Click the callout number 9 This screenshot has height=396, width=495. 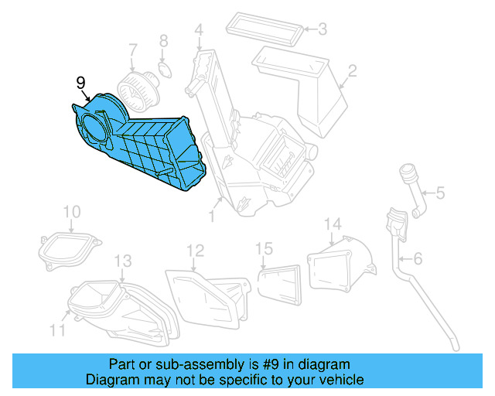pos(80,82)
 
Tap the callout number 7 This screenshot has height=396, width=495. pos(133,49)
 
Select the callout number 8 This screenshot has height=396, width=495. pos(163,40)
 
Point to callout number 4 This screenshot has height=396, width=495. pos(199,31)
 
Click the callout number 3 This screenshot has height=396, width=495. pos(323,30)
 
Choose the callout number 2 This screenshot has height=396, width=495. pos(351,72)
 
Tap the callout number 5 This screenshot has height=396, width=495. pos(439,193)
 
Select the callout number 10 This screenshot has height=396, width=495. pos(71,211)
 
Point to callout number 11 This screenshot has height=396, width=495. pos(58,330)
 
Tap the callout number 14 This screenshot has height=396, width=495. pos(332,224)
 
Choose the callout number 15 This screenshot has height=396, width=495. pos(265,248)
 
